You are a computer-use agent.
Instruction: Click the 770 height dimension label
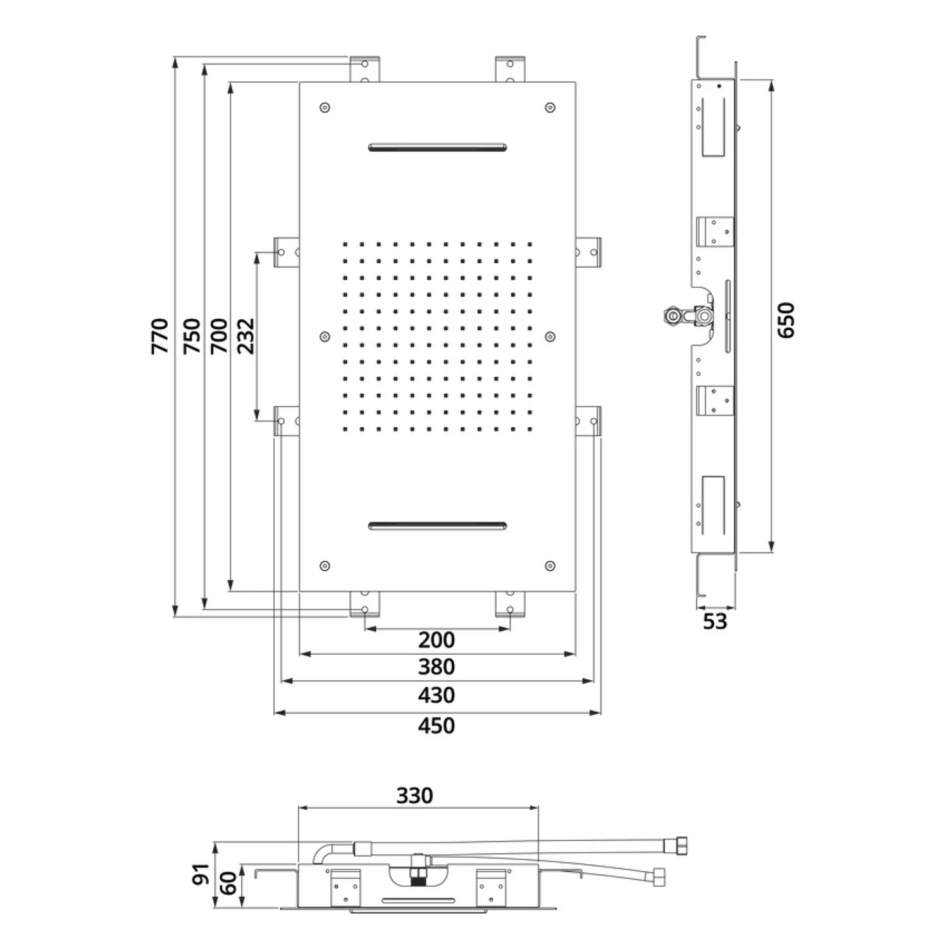pos(160,336)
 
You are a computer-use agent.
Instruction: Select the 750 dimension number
pos(191,336)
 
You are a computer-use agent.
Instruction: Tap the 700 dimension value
pos(218,336)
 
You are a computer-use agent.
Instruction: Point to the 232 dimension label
pos(245,336)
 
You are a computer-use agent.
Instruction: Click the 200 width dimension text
pos(437,640)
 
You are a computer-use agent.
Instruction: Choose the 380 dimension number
pos(437,667)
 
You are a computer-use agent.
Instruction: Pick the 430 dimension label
pos(437,695)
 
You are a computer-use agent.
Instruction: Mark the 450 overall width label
pos(437,725)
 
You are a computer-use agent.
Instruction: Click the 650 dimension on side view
pos(785,320)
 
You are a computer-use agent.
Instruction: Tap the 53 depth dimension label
pos(715,621)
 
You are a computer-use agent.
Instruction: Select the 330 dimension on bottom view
pos(414,795)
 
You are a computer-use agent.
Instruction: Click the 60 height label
pos(229,883)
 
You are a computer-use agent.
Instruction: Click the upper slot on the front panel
pos(437,148)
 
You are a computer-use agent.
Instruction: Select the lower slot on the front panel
pos(437,526)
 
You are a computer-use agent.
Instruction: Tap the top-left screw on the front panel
pos(325,108)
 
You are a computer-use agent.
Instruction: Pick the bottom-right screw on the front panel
pos(550,566)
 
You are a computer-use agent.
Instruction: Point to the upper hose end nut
pos(681,845)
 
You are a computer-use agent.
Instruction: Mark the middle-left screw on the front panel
pos(325,337)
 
